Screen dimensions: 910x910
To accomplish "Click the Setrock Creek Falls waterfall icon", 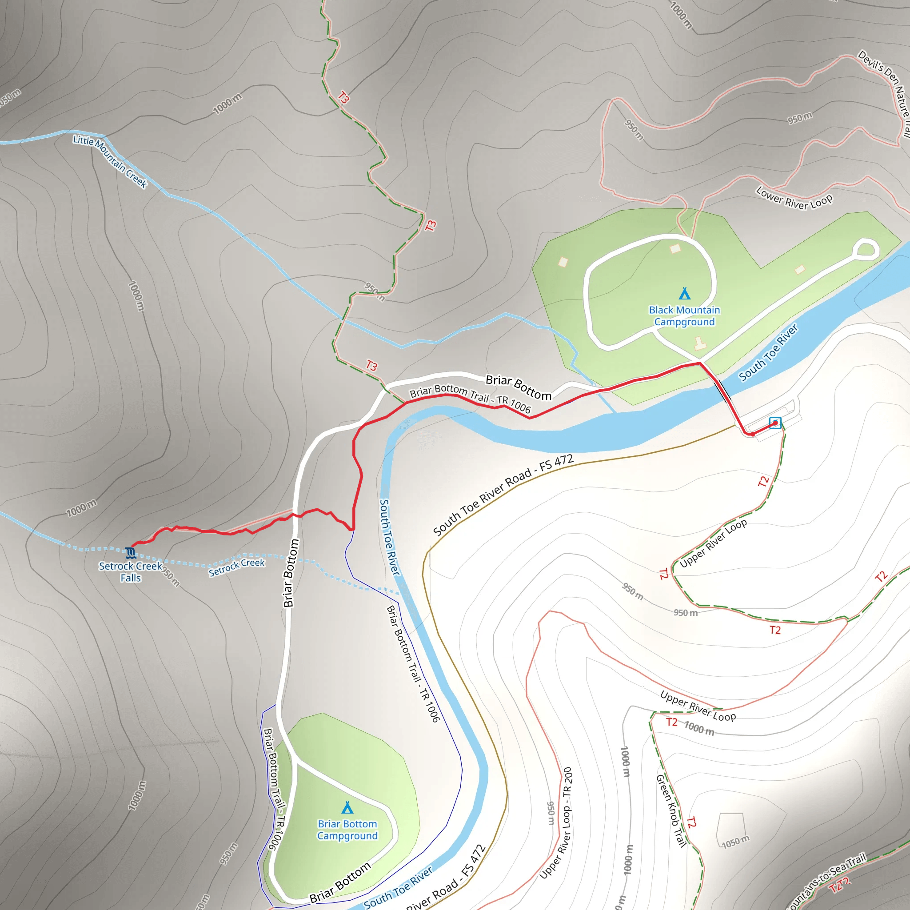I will click(x=131, y=551).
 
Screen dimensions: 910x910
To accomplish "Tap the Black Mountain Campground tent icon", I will click(x=684, y=293).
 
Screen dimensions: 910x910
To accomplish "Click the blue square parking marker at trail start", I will click(x=775, y=423).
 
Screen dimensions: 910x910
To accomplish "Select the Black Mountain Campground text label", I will click(x=684, y=315).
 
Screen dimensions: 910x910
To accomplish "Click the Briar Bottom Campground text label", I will click(x=347, y=830).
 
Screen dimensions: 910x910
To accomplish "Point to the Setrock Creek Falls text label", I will click(x=131, y=572).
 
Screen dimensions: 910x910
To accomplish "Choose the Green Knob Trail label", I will click(x=671, y=810).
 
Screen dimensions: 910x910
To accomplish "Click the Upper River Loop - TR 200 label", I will click(x=556, y=822).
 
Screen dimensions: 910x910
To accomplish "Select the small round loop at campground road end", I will click(x=865, y=250).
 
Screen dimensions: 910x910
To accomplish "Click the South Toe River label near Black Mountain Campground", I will click(x=768, y=352).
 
